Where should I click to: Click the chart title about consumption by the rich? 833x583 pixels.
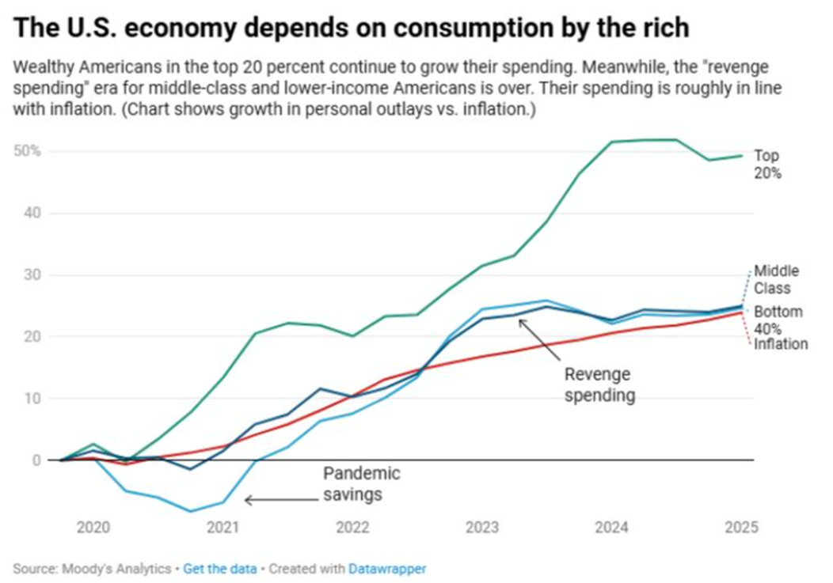tap(352, 28)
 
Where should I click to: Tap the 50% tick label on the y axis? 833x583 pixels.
tap(25, 151)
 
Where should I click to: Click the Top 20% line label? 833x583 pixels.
tap(767, 164)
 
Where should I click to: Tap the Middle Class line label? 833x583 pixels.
tap(776, 280)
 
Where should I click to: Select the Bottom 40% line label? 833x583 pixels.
tap(778, 320)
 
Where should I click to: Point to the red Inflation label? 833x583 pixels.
tap(780, 344)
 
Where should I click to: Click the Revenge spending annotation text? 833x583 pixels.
tap(599, 384)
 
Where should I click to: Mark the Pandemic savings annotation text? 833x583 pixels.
tap(361, 484)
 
